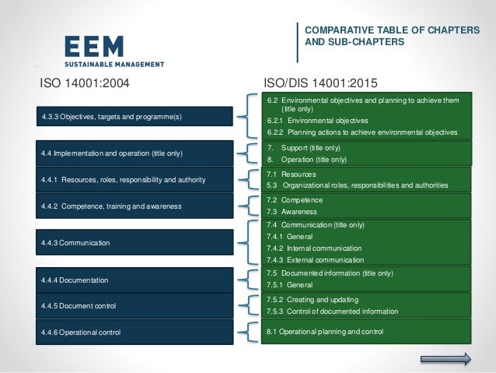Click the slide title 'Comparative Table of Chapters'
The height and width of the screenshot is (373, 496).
[391, 30]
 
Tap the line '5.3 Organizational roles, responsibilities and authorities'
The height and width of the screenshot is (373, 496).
[357, 185]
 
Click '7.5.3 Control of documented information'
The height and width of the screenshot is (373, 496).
[332, 311]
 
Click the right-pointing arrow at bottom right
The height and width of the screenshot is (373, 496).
[445, 359]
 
